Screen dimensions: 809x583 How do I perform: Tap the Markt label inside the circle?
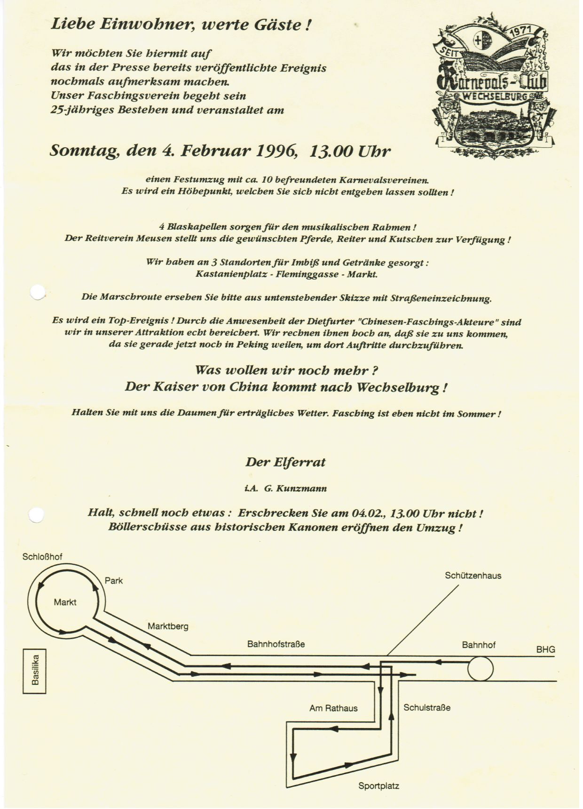[65, 602]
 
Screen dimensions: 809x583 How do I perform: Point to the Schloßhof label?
[42, 557]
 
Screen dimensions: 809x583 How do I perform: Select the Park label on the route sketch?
[114, 581]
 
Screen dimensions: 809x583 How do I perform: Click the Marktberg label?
[168, 626]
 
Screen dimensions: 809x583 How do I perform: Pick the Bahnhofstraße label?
[276, 644]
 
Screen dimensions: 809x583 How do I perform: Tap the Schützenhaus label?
[473, 576]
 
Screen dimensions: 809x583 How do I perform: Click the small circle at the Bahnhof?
[481, 668]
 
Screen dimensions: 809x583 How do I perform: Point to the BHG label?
[546, 649]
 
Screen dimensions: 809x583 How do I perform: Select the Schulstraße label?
[427, 707]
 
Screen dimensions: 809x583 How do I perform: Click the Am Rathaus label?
[333, 708]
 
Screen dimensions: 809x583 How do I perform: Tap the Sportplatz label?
[379, 785]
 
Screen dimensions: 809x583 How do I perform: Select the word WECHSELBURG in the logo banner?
[496, 96]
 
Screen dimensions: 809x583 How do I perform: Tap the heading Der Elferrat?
[285, 462]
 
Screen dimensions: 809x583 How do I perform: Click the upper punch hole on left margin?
[38, 292]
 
